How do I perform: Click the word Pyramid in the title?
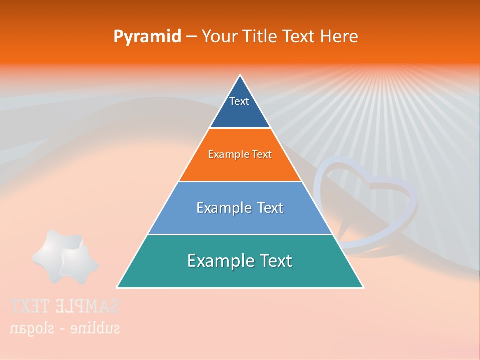pos(147,37)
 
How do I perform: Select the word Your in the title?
pos(222,36)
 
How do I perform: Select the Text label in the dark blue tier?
pos(239,101)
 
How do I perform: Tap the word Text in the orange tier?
pos(262,154)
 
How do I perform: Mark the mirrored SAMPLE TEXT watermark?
pos(65,306)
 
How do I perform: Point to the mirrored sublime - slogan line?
pos(65,328)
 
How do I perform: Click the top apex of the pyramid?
pos(240,75)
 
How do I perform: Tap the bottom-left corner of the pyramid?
pos(117,287)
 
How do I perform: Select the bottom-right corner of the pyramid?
pos(363,287)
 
